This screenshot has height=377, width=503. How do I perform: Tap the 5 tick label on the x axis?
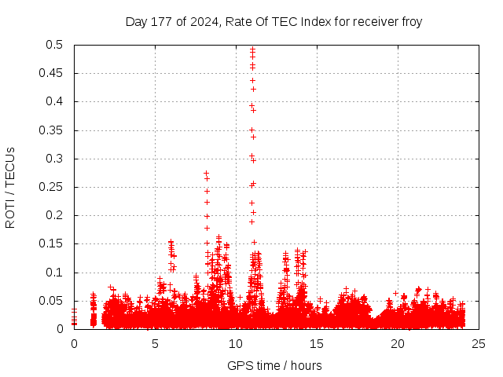(x=155, y=344)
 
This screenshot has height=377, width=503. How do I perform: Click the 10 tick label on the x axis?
(x=236, y=344)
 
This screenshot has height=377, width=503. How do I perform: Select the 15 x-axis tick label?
(x=317, y=344)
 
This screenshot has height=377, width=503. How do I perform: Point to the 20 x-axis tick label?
(x=398, y=344)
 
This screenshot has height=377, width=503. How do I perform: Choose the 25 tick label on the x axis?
(x=479, y=344)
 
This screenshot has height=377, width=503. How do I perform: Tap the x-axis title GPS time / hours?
(x=274, y=365)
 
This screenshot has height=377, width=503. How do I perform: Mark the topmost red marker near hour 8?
(x=207, y=174)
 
